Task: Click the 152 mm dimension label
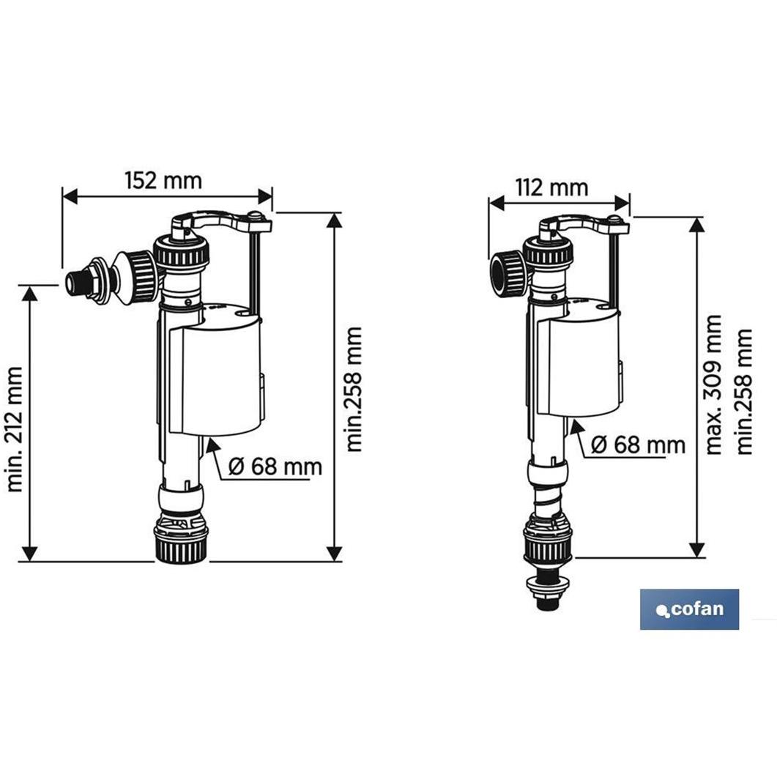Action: click(x=163, y=180)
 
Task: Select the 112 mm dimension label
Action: click(x=551, y=187)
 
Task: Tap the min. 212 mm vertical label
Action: click(x=15, y=429)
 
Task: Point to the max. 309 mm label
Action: click(x=713, y=384)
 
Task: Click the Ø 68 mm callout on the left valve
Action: click(x=275, y=466)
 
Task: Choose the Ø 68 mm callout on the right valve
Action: click(x=638, y=445)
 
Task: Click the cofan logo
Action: click(x=689, y=609)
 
